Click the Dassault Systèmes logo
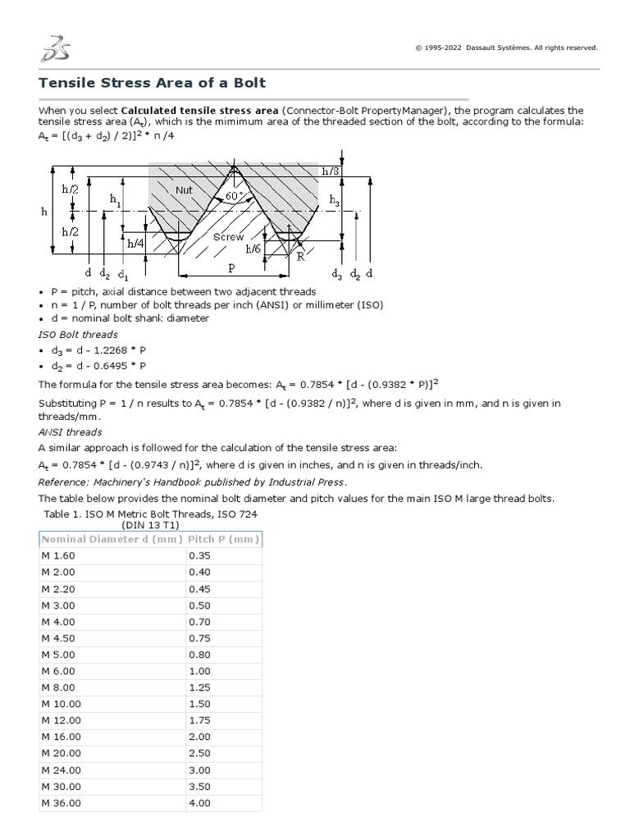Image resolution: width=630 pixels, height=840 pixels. pyautogui.click(x=55, y=48)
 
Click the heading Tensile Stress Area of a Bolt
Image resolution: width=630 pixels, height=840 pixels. pyautogui.click(x=153, y=84)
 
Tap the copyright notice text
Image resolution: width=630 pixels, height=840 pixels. pyautogui.click(x=507, y=48)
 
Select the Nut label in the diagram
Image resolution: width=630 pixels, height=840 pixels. pyautogui.click(x=184, y=189)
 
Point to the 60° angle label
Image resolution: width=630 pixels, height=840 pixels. pyautogui.click(x=235, y=196)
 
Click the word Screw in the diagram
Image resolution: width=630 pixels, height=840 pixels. pyautogui.click(x=228, y=237)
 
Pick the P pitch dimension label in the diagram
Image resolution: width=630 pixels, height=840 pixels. pyautogui.click(x=232, y=267)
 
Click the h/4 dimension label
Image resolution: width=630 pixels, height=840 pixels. pyautogui.click(x=135, y=244)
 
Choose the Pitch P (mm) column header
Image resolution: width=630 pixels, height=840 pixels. pyautogui.click(x=223, y=539)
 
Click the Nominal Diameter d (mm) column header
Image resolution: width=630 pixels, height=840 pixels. pyautogui.click(x=112, y=539)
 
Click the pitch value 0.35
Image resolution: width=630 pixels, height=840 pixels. pyautogui.click(x=199, y=555)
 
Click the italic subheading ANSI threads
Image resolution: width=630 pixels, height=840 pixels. pyautogui.click(x=71, y=431)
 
